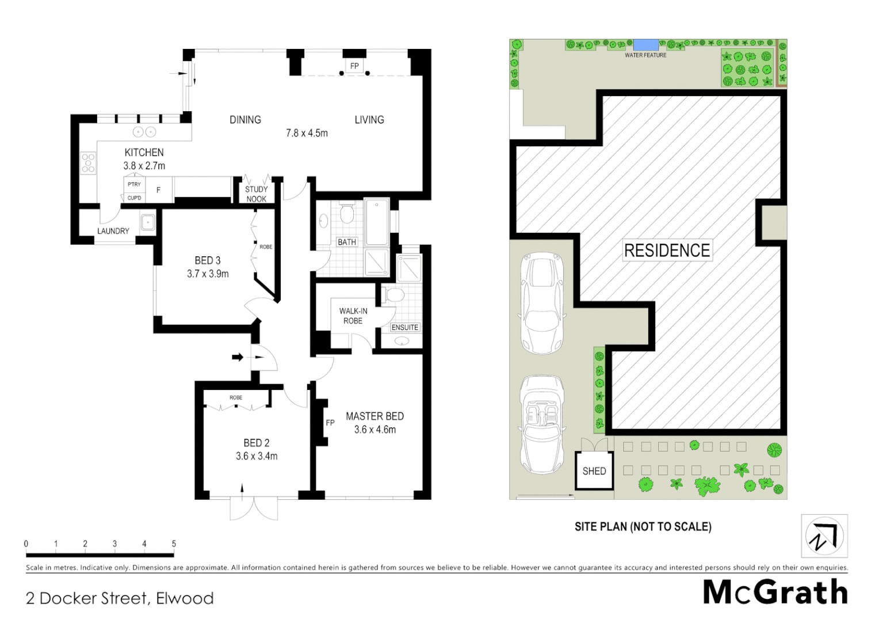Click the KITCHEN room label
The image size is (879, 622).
tap(144, 152)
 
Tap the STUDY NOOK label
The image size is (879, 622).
tap(256, 194)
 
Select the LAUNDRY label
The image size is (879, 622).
tap(113, 231)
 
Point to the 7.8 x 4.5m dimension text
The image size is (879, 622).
tap(307, 133)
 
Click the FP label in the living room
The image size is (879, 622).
tap(354, 66)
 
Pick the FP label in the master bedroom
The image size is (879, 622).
tap(330, 423)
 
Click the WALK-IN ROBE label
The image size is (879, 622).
tap(353, 316)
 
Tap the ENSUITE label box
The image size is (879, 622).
tap(404, 327)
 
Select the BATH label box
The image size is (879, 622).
tap(346, 242)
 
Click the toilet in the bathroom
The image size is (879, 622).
tap(346, 214)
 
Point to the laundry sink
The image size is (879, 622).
tap(148, 222)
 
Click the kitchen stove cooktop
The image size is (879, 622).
tap(89, 163)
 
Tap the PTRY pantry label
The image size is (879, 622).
tap(134, 184)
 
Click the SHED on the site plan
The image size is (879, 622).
tap(594, 471)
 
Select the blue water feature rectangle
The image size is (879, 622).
tap(646, 45)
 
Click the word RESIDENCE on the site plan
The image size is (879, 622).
tap(667, 251)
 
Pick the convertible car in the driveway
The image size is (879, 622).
tap(542, 425)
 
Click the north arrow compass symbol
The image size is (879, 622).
tap(824, 536)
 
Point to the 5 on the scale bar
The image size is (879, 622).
tap(174, 544)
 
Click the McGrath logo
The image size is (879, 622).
tap(775, 593)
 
